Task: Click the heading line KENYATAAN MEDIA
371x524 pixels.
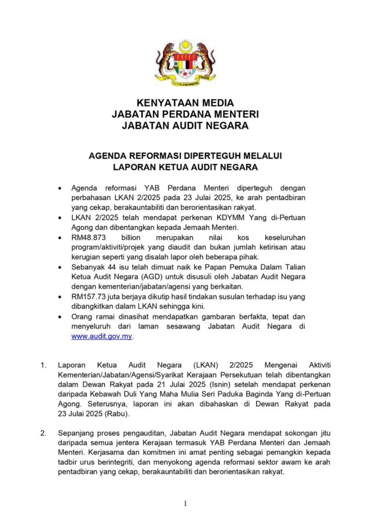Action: click(x=186, y=103)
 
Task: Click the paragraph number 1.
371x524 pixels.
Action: click(x=44, y=365)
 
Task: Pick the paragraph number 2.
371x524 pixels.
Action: click(x=44, y=433)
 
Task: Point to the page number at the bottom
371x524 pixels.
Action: click(x=185, y=504)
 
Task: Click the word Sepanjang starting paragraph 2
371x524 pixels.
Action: click(x=75, y=433)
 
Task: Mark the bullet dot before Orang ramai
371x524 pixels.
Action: click(x=62, y=317)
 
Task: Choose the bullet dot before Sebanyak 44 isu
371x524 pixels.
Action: click(x=62, y=268)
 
